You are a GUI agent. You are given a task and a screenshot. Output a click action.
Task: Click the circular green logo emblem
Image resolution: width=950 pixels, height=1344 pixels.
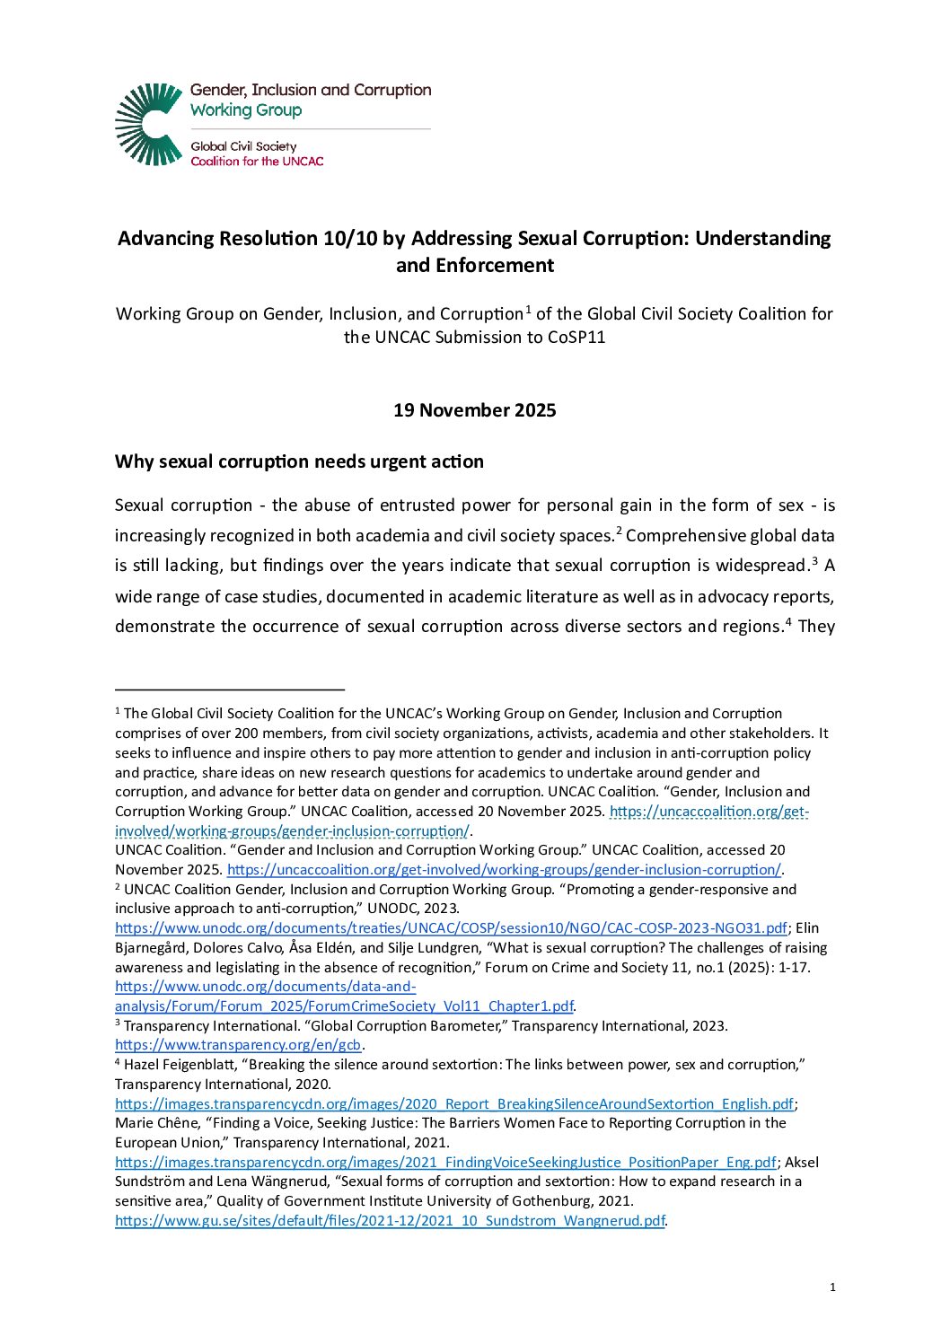coord(149,124)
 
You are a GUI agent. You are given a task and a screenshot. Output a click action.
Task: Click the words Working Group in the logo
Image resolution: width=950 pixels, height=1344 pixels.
coord(246,110)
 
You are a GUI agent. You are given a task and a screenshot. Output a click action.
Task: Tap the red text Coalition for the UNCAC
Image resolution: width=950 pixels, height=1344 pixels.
coord(257,162)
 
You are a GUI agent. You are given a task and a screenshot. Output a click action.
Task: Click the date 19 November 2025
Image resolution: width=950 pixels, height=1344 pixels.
coord(474,410)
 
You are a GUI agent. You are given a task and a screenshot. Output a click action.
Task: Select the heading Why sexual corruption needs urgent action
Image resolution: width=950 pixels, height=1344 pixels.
coord(299,461)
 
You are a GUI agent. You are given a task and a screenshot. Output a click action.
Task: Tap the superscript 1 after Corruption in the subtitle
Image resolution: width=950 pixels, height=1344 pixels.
coord(528,309)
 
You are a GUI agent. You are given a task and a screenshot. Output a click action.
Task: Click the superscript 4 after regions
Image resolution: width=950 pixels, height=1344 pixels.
coord(787,621)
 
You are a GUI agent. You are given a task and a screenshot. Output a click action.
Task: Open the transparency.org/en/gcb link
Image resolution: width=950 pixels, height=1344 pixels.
coord(238,1045)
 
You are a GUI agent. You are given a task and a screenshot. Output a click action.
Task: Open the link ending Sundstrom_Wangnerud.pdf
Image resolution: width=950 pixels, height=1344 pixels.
coord(390,1221)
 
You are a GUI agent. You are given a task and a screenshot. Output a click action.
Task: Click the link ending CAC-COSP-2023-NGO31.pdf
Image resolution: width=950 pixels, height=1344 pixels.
coord(451,928)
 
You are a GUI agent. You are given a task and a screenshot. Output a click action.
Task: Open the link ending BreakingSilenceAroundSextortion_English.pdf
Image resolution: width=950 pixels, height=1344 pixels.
coord(454,1104)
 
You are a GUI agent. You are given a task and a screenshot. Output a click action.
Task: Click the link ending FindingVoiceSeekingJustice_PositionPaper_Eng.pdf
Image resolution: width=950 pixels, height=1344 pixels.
coord(445,1163)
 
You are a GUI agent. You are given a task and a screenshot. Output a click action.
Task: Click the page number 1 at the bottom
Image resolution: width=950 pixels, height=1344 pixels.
coord(832,1287)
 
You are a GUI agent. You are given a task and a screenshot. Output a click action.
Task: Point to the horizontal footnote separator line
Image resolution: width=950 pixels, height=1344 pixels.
coord(230,689)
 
